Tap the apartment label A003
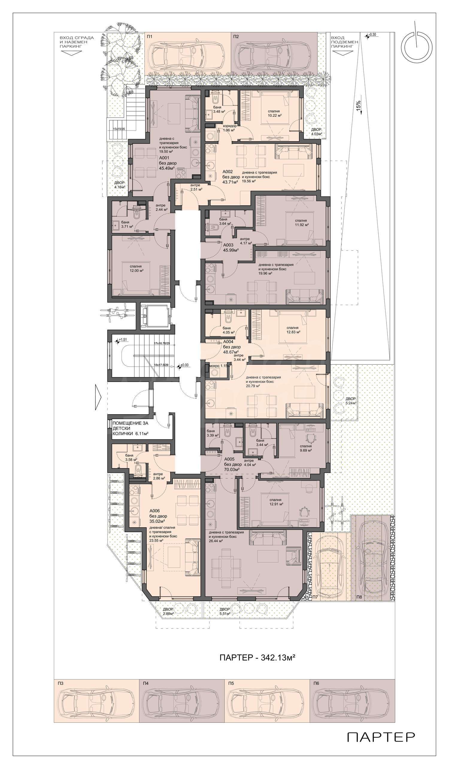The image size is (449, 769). (228, 245)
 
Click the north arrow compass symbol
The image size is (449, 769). (417, 47)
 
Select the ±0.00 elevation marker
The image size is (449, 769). (183, 365)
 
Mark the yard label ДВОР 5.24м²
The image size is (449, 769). (351, 401)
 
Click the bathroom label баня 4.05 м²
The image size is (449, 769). (228, 330)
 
